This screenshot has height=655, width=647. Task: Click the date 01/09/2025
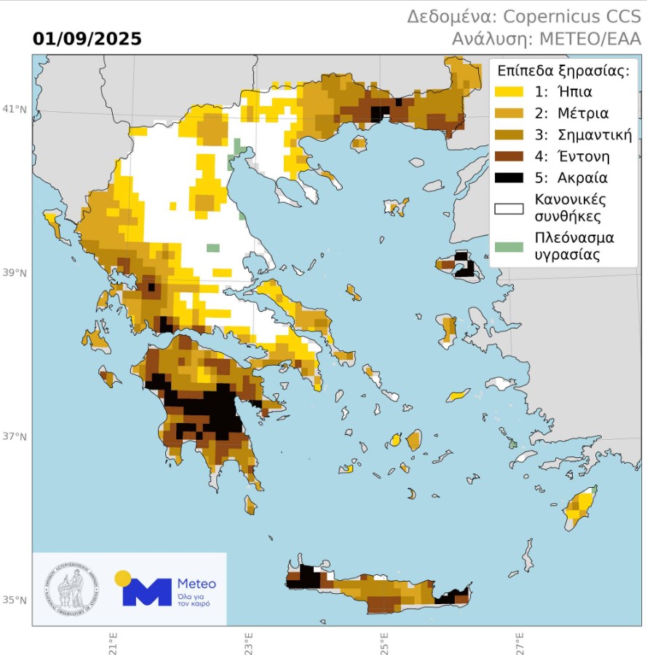pyautogui.click(x=87, y=39)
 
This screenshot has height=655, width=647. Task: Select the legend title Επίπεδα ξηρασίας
pyautogui.click(x=563, y=71)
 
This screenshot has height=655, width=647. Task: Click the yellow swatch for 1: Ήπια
pyautogui.click(x=509, y=92)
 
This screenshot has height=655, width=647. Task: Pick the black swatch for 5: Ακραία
pyautogui.click(x=509, y=177)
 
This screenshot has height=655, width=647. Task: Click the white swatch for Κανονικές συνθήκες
pyautogui.click(x=509, y=209)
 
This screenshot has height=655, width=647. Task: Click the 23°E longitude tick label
pyautogui.click(x=249, y=643)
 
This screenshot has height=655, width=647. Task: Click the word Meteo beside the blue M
pyautogui.click(x=197, y=584)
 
